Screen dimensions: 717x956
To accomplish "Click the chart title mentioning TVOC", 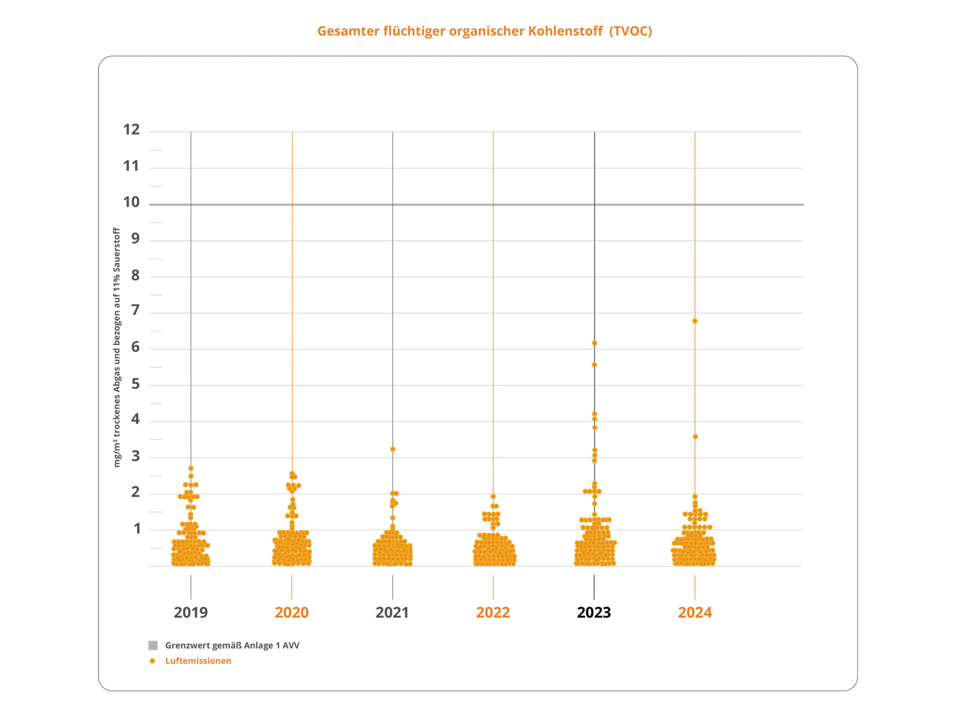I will click(x=485, y=31).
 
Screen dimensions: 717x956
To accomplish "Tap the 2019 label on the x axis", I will click(x=191, y=612).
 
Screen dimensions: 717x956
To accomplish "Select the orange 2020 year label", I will click(x=292, y=612).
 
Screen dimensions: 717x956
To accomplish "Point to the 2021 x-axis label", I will click(x=392, y=612).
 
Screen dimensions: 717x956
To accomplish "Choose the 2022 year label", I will click(x=493, y=612).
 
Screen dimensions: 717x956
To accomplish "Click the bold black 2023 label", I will click(x=594, y=612).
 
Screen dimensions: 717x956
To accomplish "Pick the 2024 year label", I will click(x=695, y=612).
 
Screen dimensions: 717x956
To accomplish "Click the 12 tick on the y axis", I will click(x=131, y=130).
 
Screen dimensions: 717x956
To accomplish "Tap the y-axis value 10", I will click(x=131, y=203).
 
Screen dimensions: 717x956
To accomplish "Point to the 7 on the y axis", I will click(x=136, y=310).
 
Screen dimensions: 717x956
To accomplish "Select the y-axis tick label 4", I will click(x=136, y=419).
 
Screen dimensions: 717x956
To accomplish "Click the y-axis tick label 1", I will click(x=137, y=529).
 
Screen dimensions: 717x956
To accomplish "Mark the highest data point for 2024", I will click(x=695, y=321).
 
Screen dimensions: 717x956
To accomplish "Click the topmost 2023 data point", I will click(x=595, y=343).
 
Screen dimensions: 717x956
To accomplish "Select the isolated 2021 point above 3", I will click(x=393, y=449).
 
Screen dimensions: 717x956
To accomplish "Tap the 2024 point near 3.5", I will click(x=695, y=437).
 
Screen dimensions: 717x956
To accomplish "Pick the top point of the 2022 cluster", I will click(x=493, y=497).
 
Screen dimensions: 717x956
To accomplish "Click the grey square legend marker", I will click(x=153, y=645).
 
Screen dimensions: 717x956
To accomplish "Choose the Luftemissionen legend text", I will click(x=198, y=661).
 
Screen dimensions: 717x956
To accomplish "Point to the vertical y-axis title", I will click(x=117, y=347).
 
